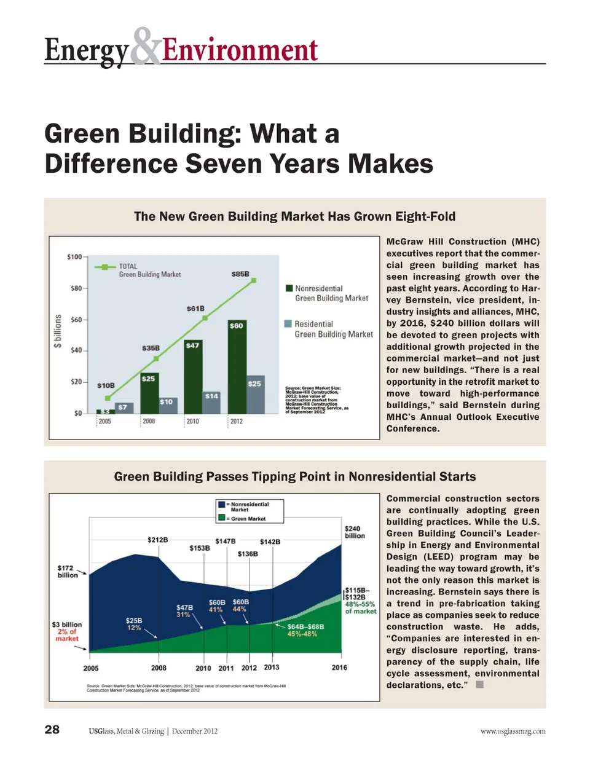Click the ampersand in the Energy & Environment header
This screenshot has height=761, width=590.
coord(146,47)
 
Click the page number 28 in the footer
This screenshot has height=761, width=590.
coord(52,730)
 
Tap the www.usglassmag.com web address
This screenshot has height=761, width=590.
coord(513,731)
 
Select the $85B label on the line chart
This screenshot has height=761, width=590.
coord(240,274)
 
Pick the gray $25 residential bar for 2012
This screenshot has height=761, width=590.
coord(255,395)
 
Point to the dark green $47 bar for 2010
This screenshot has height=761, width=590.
coord(193,376)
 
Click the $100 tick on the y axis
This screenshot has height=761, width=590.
coord(74,256)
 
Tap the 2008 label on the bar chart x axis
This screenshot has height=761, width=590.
coord(149,422)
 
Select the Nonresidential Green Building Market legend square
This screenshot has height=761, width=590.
coord(289,288)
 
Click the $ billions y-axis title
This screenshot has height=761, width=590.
coord(58,331)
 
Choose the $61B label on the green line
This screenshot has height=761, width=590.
coord(195,309)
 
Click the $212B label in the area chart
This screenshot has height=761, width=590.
coord(157,540)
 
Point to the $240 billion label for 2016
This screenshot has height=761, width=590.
coord(354,532)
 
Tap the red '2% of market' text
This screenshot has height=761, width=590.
coord(67,635)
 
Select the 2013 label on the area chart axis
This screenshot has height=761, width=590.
coord(271,668)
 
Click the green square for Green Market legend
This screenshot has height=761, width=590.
coord(222,518)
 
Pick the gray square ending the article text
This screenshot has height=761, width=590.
coord(480,684)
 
